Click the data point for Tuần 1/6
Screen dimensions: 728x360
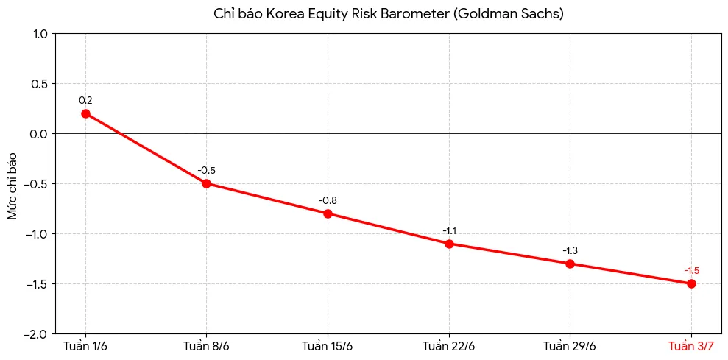[x=85, y=113]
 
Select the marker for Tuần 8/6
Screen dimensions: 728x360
[x=207, y=183]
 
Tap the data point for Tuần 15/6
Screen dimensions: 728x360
[x=328, y=213]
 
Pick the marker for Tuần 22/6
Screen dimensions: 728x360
[x=449, y=244]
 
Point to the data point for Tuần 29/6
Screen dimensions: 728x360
[x=570, y=264]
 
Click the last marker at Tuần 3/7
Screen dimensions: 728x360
[x=691, y=284]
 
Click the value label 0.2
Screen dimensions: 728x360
[x=85, y=100]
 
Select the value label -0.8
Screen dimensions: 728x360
[x=328, y=201]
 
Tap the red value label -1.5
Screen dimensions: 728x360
[x=691, y=271]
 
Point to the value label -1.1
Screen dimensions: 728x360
[x=449, y=231]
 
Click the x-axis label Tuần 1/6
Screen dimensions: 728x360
[x=85, y=347]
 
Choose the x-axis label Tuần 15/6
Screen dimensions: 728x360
[x=328, y=347]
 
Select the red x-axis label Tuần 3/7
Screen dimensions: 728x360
[x=691, y=347]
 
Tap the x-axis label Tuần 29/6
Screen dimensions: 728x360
[x=570, y=347]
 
